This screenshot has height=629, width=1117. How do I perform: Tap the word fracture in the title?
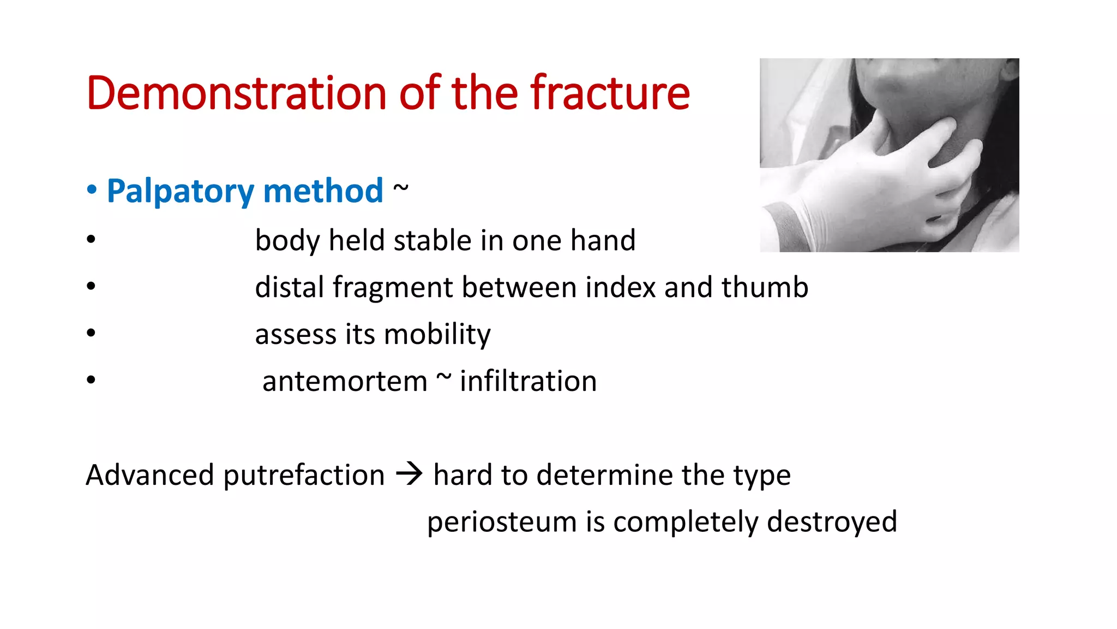610,93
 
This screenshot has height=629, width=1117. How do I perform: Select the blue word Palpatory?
180,191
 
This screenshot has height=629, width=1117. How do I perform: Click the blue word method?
323,191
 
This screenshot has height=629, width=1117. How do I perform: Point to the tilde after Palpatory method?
400,188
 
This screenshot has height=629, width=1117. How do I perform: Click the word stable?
432,240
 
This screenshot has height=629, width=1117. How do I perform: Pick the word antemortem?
345,381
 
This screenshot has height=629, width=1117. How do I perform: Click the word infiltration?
528,381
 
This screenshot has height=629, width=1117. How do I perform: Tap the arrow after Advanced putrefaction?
409,474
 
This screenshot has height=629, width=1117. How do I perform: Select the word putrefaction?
304,475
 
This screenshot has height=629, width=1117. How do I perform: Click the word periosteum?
502,522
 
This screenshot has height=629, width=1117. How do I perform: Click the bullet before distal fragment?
91,286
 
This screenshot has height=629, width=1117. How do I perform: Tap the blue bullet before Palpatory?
92,190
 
